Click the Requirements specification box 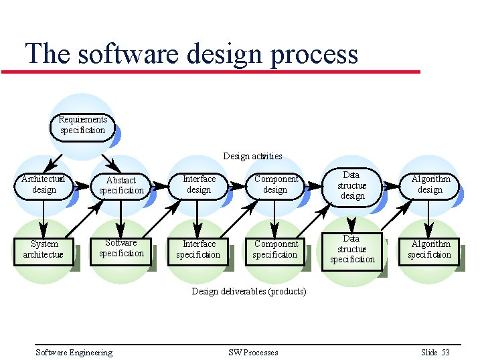tap(82, 125)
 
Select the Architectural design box tap(44, 185)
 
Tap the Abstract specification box tap(121, 185)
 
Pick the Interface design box tap(199, 184)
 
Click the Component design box tap(275, 184)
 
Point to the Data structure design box tap(352, 185)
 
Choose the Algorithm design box tap(430, 185)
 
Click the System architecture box tap(44, 249)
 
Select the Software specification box tap(121, 248)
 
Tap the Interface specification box tap(198, 249)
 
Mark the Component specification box tap(275, 249)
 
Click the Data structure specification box tap(352, 249)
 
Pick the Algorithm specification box tap(430, 249)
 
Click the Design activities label tap(252, 157)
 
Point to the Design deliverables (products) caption tap(249, 291)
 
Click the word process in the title tap(315, 54)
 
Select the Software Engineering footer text tap(74, 353)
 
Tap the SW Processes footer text tap(253, 353)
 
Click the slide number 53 tap(445, 353)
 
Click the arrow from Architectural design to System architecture tap(44, 215)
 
